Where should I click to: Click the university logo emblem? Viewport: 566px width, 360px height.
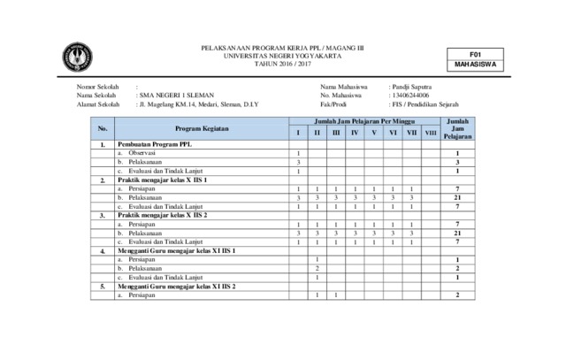(77, 57)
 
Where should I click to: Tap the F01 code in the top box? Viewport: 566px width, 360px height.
(473, 54)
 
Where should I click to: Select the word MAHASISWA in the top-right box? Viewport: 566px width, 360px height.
(473, 65)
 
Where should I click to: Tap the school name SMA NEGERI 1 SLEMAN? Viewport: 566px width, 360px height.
(175, 96)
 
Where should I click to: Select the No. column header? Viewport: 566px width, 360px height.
(103, 128)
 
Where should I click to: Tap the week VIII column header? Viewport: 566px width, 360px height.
(431, 134)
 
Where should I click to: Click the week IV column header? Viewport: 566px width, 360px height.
(355, 134)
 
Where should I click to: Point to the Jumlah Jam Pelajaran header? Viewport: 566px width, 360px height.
(457, 128)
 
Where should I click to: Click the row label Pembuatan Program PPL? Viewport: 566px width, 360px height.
(153, 144)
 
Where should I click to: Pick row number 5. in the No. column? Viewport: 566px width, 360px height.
(103, 287)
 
